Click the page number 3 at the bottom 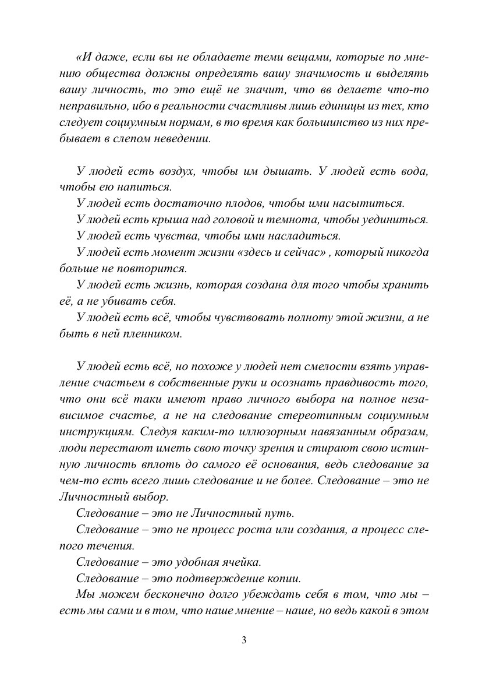tap(244, 640)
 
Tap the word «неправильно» tap(91, 107)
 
